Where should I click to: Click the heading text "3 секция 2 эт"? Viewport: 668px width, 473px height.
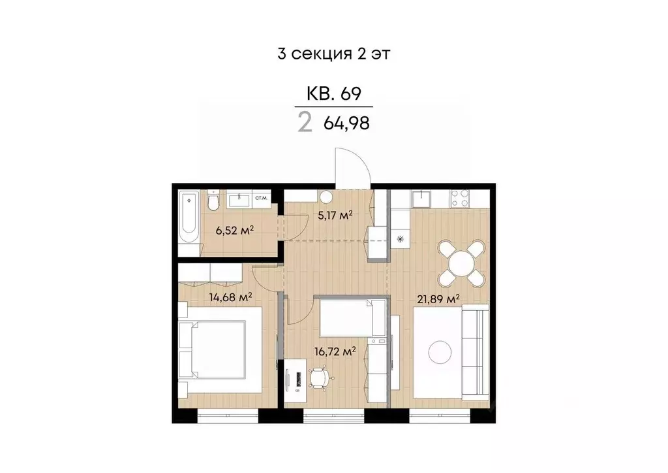pyautogui.click(x=333, y=54)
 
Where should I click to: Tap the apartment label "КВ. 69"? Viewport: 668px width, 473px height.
pyautogui.click(x=333, y=93)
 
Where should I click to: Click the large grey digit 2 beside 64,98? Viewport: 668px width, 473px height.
pyautogui.click(x=305, y=123)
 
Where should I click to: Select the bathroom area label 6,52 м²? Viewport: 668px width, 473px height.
pyautogui.click(x=234, y=230)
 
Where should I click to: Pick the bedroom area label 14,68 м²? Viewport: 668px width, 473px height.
pyautogui.click(x=230, y=297)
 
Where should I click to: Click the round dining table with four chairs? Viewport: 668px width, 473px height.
pyautogui.click(x=461, y=263)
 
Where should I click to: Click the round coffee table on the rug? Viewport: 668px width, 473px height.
pyautogui.click(x=440, y=353)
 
